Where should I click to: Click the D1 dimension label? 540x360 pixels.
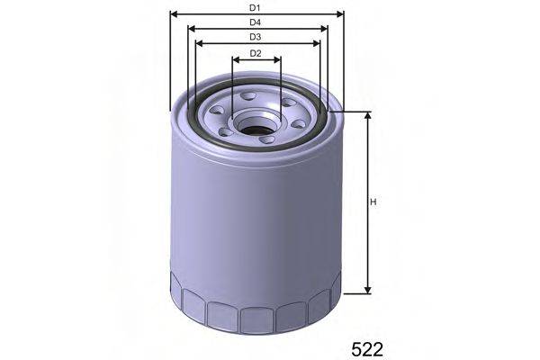(255, 7)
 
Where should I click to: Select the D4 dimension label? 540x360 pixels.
(255, 22)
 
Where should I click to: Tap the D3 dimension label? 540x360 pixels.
(255, 37)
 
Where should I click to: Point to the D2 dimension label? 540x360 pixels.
(255, 53)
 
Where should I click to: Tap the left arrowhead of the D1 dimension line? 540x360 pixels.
(173, 14)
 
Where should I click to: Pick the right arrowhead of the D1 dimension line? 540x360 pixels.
(340, 14)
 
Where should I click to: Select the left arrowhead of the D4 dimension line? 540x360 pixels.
(193, 28)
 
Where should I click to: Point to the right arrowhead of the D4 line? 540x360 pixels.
(325, 28)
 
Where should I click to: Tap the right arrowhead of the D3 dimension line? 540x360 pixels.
(319, 43)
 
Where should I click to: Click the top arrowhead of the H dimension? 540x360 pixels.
(367, 116)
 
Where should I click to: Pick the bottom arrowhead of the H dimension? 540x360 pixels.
(367, 290)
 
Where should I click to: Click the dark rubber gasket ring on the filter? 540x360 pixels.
(193, 116)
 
